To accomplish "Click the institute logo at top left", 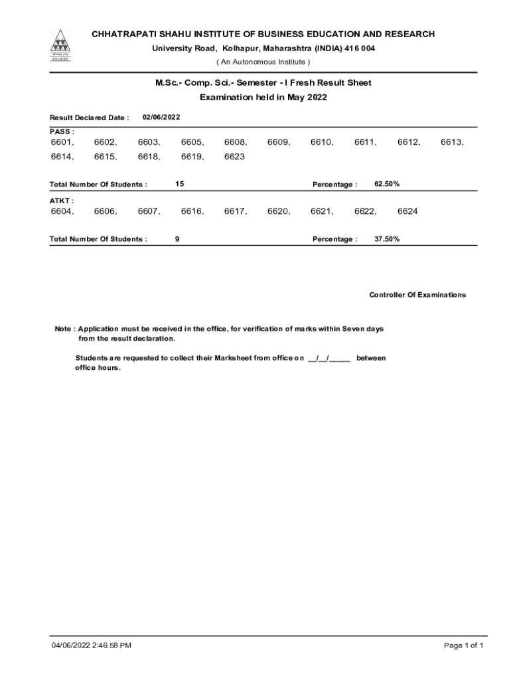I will tap(60, 44).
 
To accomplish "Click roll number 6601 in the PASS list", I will tap(62, 142).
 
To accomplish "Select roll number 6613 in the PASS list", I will tap(451, 142).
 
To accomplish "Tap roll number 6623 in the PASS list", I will tap(234, 157).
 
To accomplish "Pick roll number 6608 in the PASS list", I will tap(235, 142).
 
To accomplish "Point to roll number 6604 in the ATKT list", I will tap(62, 211).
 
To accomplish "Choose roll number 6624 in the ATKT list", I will tap(407, 211).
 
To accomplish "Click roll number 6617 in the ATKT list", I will tap(235, 211).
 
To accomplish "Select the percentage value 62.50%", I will tap(387, 183).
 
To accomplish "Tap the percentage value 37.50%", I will tap(387, 239).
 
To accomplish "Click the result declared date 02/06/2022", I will tap(161, 117).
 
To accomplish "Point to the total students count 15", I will tap(180, 183).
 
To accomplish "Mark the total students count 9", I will tap(177, 239).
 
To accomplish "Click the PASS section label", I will tap(62, 131).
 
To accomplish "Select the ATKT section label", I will tap(62, 200).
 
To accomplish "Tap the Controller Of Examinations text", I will tap(417, 295).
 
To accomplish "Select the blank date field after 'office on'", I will tap(329, 358).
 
